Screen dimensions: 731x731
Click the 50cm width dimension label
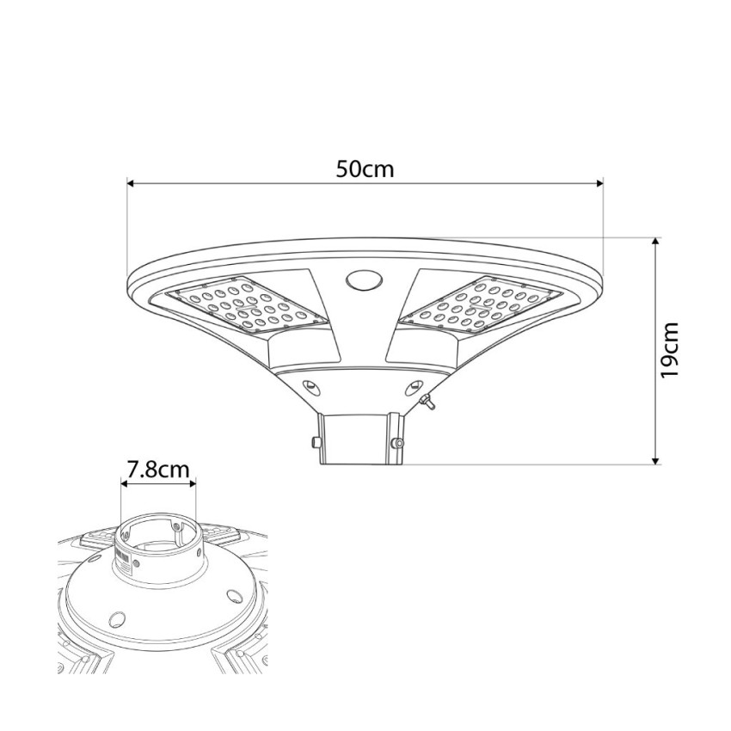pos(365,169)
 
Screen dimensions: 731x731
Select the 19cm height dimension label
pos(669,350)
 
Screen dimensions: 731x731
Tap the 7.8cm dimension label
pos(158,470)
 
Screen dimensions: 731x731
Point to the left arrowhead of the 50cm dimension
pos(131,184)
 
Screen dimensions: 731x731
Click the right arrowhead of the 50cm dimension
pos(600,184)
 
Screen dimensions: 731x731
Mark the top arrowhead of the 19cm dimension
pos(656,242)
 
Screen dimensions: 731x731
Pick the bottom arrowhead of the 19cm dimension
pos(656,460)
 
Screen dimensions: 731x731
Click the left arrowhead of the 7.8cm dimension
pos(125,484)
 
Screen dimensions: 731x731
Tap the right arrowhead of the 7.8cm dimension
pos(192,484)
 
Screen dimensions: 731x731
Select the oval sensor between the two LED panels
pos(364,281)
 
